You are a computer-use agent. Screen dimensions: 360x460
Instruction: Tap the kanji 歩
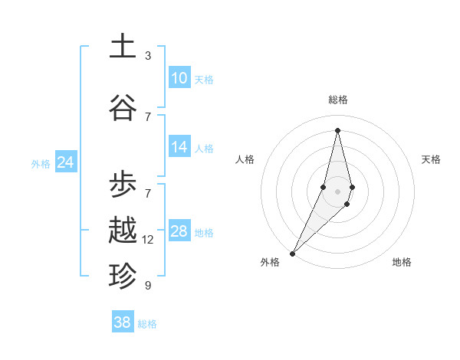(123, 185)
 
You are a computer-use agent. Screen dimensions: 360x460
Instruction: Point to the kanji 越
(123, 230)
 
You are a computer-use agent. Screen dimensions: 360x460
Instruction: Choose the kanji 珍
(123, 275)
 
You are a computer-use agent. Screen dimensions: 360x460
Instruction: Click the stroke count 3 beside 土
(148, 56)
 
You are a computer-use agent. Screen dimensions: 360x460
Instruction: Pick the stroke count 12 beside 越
(148, 240)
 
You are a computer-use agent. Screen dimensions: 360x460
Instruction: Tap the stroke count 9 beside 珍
(148, 286)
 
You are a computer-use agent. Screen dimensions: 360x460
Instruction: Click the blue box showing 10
(179, 78)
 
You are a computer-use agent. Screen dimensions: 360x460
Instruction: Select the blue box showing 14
(179, 147)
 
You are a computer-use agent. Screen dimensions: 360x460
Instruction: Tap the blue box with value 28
(179, 231)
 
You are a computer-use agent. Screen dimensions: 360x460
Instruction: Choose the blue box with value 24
(66, 162)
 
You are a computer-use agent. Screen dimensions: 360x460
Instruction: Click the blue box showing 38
(123, 322)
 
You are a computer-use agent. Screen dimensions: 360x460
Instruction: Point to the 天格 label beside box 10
(204, 80)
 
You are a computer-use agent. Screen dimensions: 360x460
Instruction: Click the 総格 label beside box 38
(147, 324)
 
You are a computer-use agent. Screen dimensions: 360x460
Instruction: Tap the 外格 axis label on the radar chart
(270, 263)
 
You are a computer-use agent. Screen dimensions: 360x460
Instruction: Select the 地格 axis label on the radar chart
(402, 263)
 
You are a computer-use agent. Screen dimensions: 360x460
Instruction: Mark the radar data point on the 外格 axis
(292, 252)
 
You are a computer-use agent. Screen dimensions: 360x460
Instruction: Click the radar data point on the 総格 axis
(337, 130)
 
